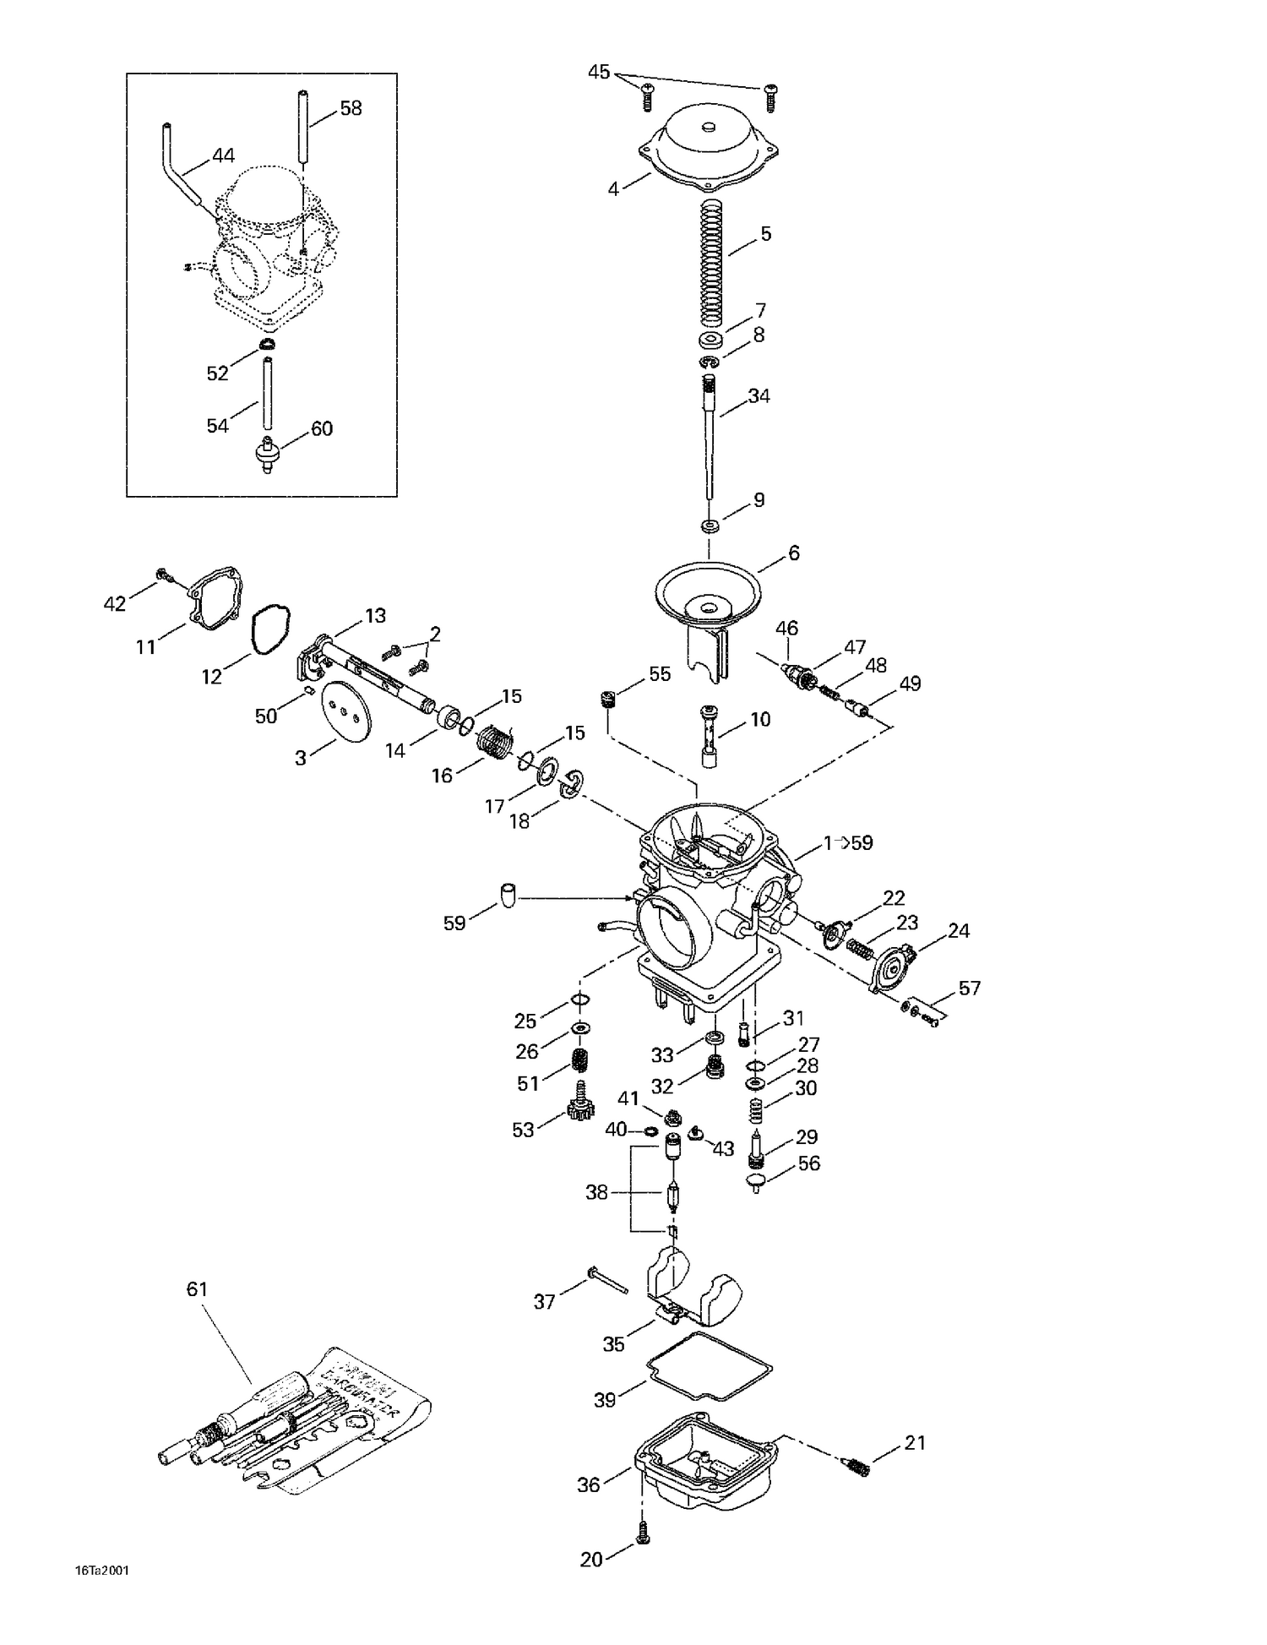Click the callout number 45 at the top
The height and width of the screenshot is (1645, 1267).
click(x=598, y=73)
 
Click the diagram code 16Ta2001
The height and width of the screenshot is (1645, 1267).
click(x=101, y=1571)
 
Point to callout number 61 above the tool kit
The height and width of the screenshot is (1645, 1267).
click(x=196, y=1289)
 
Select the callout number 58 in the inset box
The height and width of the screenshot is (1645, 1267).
click(x=351, y=108)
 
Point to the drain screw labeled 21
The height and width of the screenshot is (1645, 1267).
click(x=856, y=1468)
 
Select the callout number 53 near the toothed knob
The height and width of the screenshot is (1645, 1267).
click(x=523, y=1130)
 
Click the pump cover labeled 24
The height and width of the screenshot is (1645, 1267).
click(x=895, y=965)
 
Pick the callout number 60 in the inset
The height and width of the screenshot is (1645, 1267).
click(x=321, y=428)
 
